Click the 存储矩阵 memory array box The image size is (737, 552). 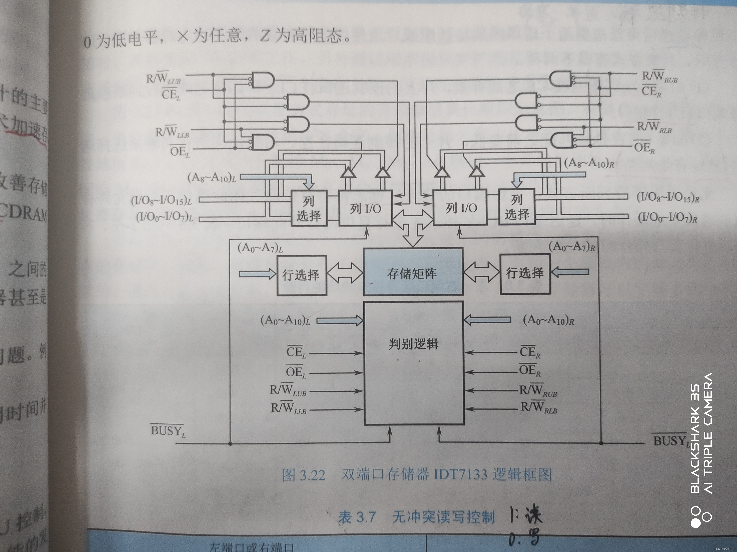[412, 272]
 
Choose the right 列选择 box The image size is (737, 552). [516, 207]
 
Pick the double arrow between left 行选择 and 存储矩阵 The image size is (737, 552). [345, 273]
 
